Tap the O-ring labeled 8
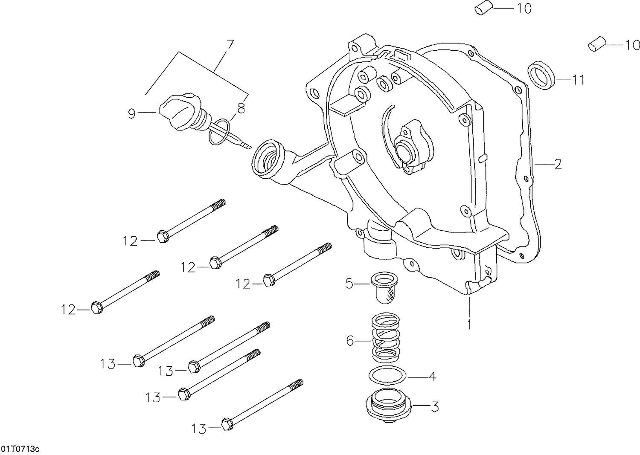[220, 132]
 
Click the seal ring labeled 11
[541, 75]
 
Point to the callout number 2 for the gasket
[558, 164]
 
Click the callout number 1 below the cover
[469, 324]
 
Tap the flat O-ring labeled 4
[387, 375]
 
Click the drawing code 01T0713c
[20, 449]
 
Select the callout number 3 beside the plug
[435, 407]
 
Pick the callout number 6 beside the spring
[350, 341]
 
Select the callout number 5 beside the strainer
[349, 284]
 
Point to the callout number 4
[432, 377]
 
